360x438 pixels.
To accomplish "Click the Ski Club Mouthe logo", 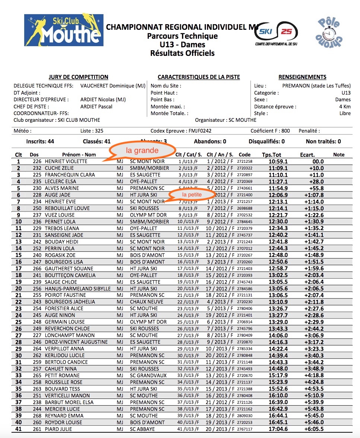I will click(64, 33).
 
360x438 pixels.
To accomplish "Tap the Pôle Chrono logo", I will click(327, 32).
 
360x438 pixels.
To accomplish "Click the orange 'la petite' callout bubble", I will click(192, 194).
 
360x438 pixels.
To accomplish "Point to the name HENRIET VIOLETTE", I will click(66, 161).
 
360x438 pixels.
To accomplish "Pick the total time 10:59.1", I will click(278, 161).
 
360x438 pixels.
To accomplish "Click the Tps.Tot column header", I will click(271, 155).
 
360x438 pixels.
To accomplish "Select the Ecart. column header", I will click(307, 155).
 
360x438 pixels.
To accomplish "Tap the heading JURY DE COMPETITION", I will click(78, 77).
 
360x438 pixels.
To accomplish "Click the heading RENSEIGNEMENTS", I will click(302, 77).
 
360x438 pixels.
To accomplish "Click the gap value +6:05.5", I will click(314, 429).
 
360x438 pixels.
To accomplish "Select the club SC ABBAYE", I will click(142, 429).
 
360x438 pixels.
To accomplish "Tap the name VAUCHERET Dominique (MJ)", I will click(112, 86).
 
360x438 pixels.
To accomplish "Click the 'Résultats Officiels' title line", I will click(182, 53).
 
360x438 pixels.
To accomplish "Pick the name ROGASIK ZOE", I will click(60, 255).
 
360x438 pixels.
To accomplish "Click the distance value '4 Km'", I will click(345, 107).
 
